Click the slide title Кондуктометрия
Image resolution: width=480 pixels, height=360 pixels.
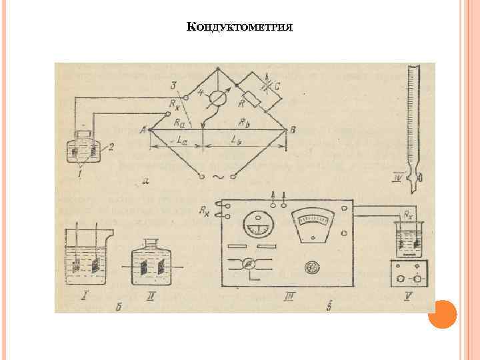240,27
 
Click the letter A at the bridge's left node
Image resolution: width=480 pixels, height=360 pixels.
142,131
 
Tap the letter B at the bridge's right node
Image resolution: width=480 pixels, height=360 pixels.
293,131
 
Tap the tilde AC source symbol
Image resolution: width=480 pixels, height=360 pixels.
218,177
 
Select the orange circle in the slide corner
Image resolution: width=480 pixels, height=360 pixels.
442,315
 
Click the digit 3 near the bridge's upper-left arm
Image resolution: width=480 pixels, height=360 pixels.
173,84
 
